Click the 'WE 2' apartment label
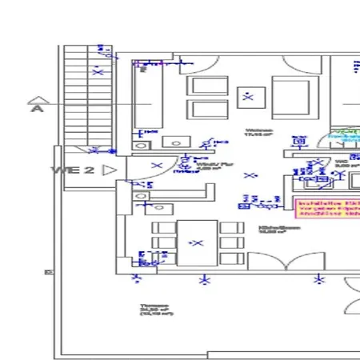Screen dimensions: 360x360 (73, 170)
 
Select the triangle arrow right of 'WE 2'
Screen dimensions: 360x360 (110, 170)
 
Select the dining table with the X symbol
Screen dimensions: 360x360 (197, 242)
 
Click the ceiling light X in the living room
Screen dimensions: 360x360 (248, 98)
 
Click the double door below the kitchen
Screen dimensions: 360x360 (287, 260)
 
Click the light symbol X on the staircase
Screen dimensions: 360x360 (98, 72)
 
